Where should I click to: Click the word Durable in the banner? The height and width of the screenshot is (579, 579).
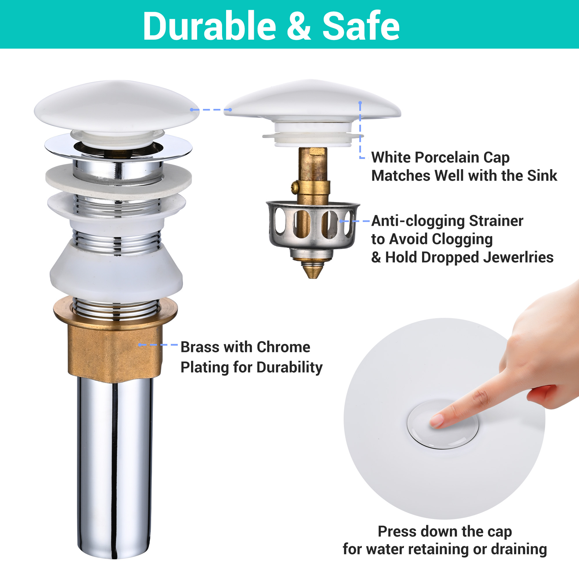click(210, 26)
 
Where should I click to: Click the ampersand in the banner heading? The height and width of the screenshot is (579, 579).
click(299, 26)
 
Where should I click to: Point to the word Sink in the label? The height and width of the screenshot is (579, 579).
click(542, 175)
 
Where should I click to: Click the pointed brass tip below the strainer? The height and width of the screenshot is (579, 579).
click(313, 271)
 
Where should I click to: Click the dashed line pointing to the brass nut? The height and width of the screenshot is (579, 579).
click(158, 345)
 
